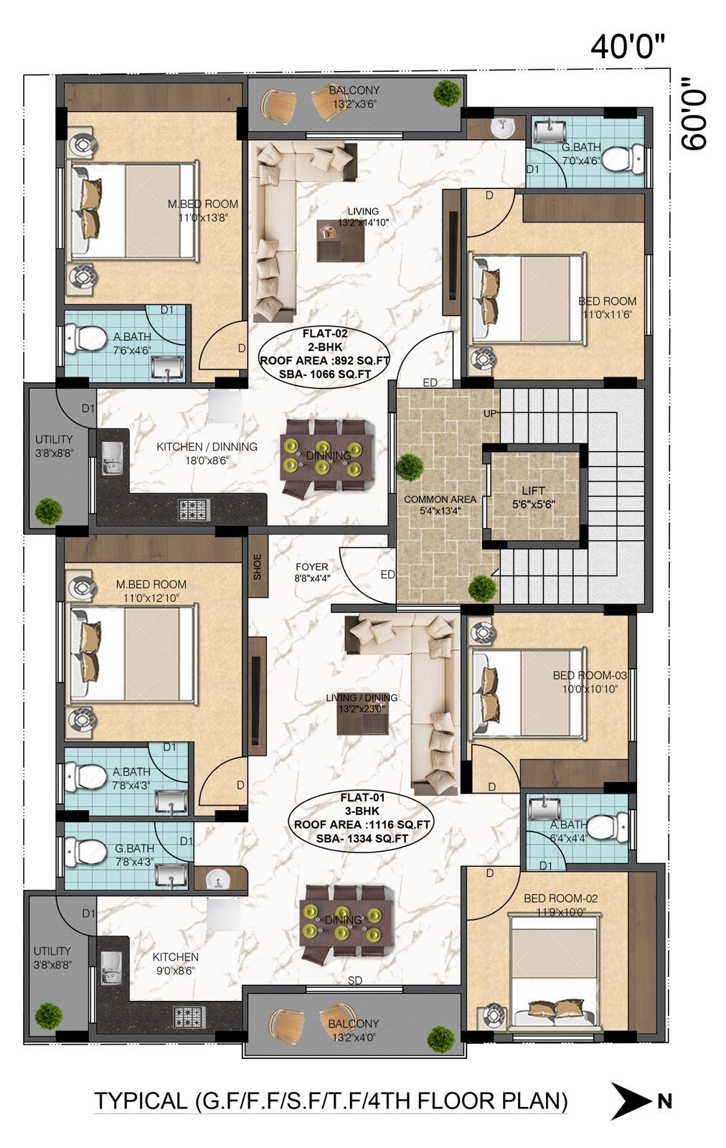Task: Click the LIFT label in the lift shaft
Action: click(533, 491)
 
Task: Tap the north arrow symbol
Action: click(631, 1101)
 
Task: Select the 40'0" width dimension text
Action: click(627, 47)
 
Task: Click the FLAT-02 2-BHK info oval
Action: click(325, 354)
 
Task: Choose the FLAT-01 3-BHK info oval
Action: click(362, 818)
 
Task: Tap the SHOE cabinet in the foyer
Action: click(258, 566)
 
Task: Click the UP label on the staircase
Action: click(490, 413)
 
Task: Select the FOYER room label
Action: click(312, 567)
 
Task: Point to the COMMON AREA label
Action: click(440, 499)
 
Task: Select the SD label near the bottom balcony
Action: click(355, 980)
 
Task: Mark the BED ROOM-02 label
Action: click(560, 898)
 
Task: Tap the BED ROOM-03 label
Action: click(590, 675)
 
